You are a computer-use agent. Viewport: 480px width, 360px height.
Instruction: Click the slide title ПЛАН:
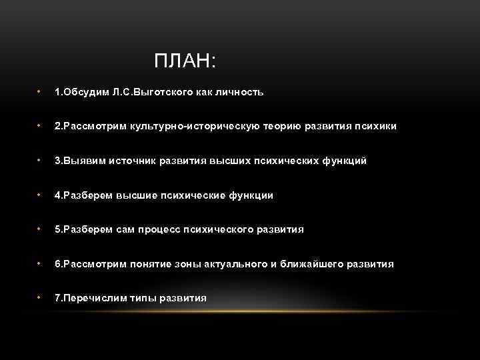click(x=185, y=61)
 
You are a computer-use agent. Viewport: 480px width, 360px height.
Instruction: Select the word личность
click(x=243, y=92)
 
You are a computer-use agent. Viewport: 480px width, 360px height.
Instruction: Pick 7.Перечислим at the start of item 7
click(x=84, y=298)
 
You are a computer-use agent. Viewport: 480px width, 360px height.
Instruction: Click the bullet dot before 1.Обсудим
click(x=40, y=91)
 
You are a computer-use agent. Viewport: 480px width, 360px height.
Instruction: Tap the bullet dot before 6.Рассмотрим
click(x=40, y=263)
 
